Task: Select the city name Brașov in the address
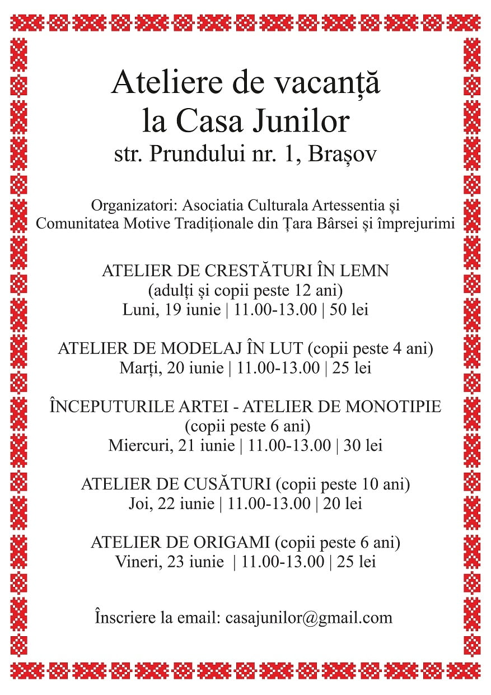[350, 155]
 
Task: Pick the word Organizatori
[128, 204]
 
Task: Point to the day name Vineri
[138, 562]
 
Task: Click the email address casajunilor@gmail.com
[308, 618]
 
